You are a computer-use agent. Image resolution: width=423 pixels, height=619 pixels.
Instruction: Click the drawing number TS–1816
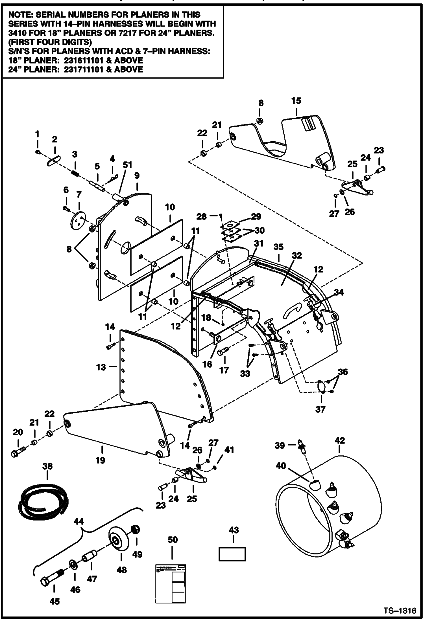point(399,611)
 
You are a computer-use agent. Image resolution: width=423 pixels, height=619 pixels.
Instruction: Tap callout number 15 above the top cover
point(296,101)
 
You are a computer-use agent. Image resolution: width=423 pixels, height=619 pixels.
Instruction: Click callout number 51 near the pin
point(127,165)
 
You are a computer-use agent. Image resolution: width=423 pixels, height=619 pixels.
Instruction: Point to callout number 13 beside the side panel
point(101,367)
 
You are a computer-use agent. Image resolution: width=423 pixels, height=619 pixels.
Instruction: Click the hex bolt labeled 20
point(18,453)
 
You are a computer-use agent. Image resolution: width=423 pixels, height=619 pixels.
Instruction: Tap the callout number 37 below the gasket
point(320,409)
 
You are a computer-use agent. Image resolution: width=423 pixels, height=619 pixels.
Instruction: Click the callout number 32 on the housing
point(296,255)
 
